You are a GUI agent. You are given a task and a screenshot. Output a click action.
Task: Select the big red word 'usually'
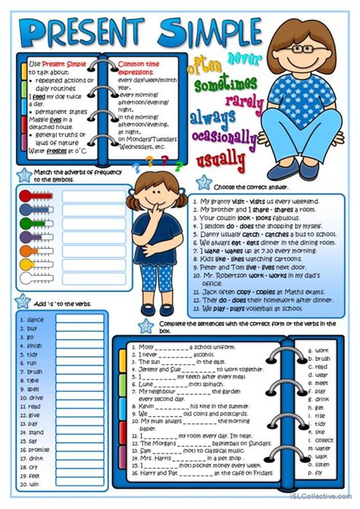coord(222,160)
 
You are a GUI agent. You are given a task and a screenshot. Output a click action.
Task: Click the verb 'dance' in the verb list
coord(36,320)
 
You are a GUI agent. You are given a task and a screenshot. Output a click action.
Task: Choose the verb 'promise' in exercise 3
coord(39,449)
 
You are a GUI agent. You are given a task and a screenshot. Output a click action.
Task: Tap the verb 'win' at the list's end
coord(33,483)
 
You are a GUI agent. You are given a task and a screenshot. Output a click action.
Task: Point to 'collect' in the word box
coord(324,440)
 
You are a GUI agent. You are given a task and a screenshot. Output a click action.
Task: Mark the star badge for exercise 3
coord(23,301)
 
